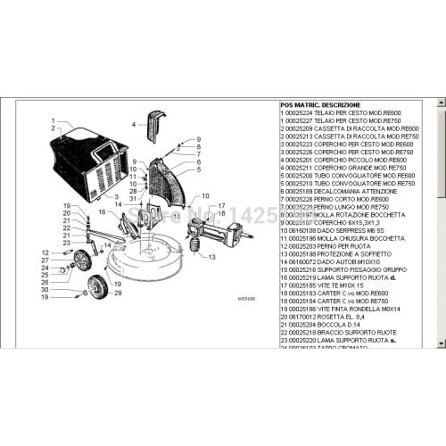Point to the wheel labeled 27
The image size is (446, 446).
(83, 260)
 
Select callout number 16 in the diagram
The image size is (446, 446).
(101, 211)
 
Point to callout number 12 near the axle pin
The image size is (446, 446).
(45, 253)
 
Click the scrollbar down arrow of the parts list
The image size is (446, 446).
(441, 342)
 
